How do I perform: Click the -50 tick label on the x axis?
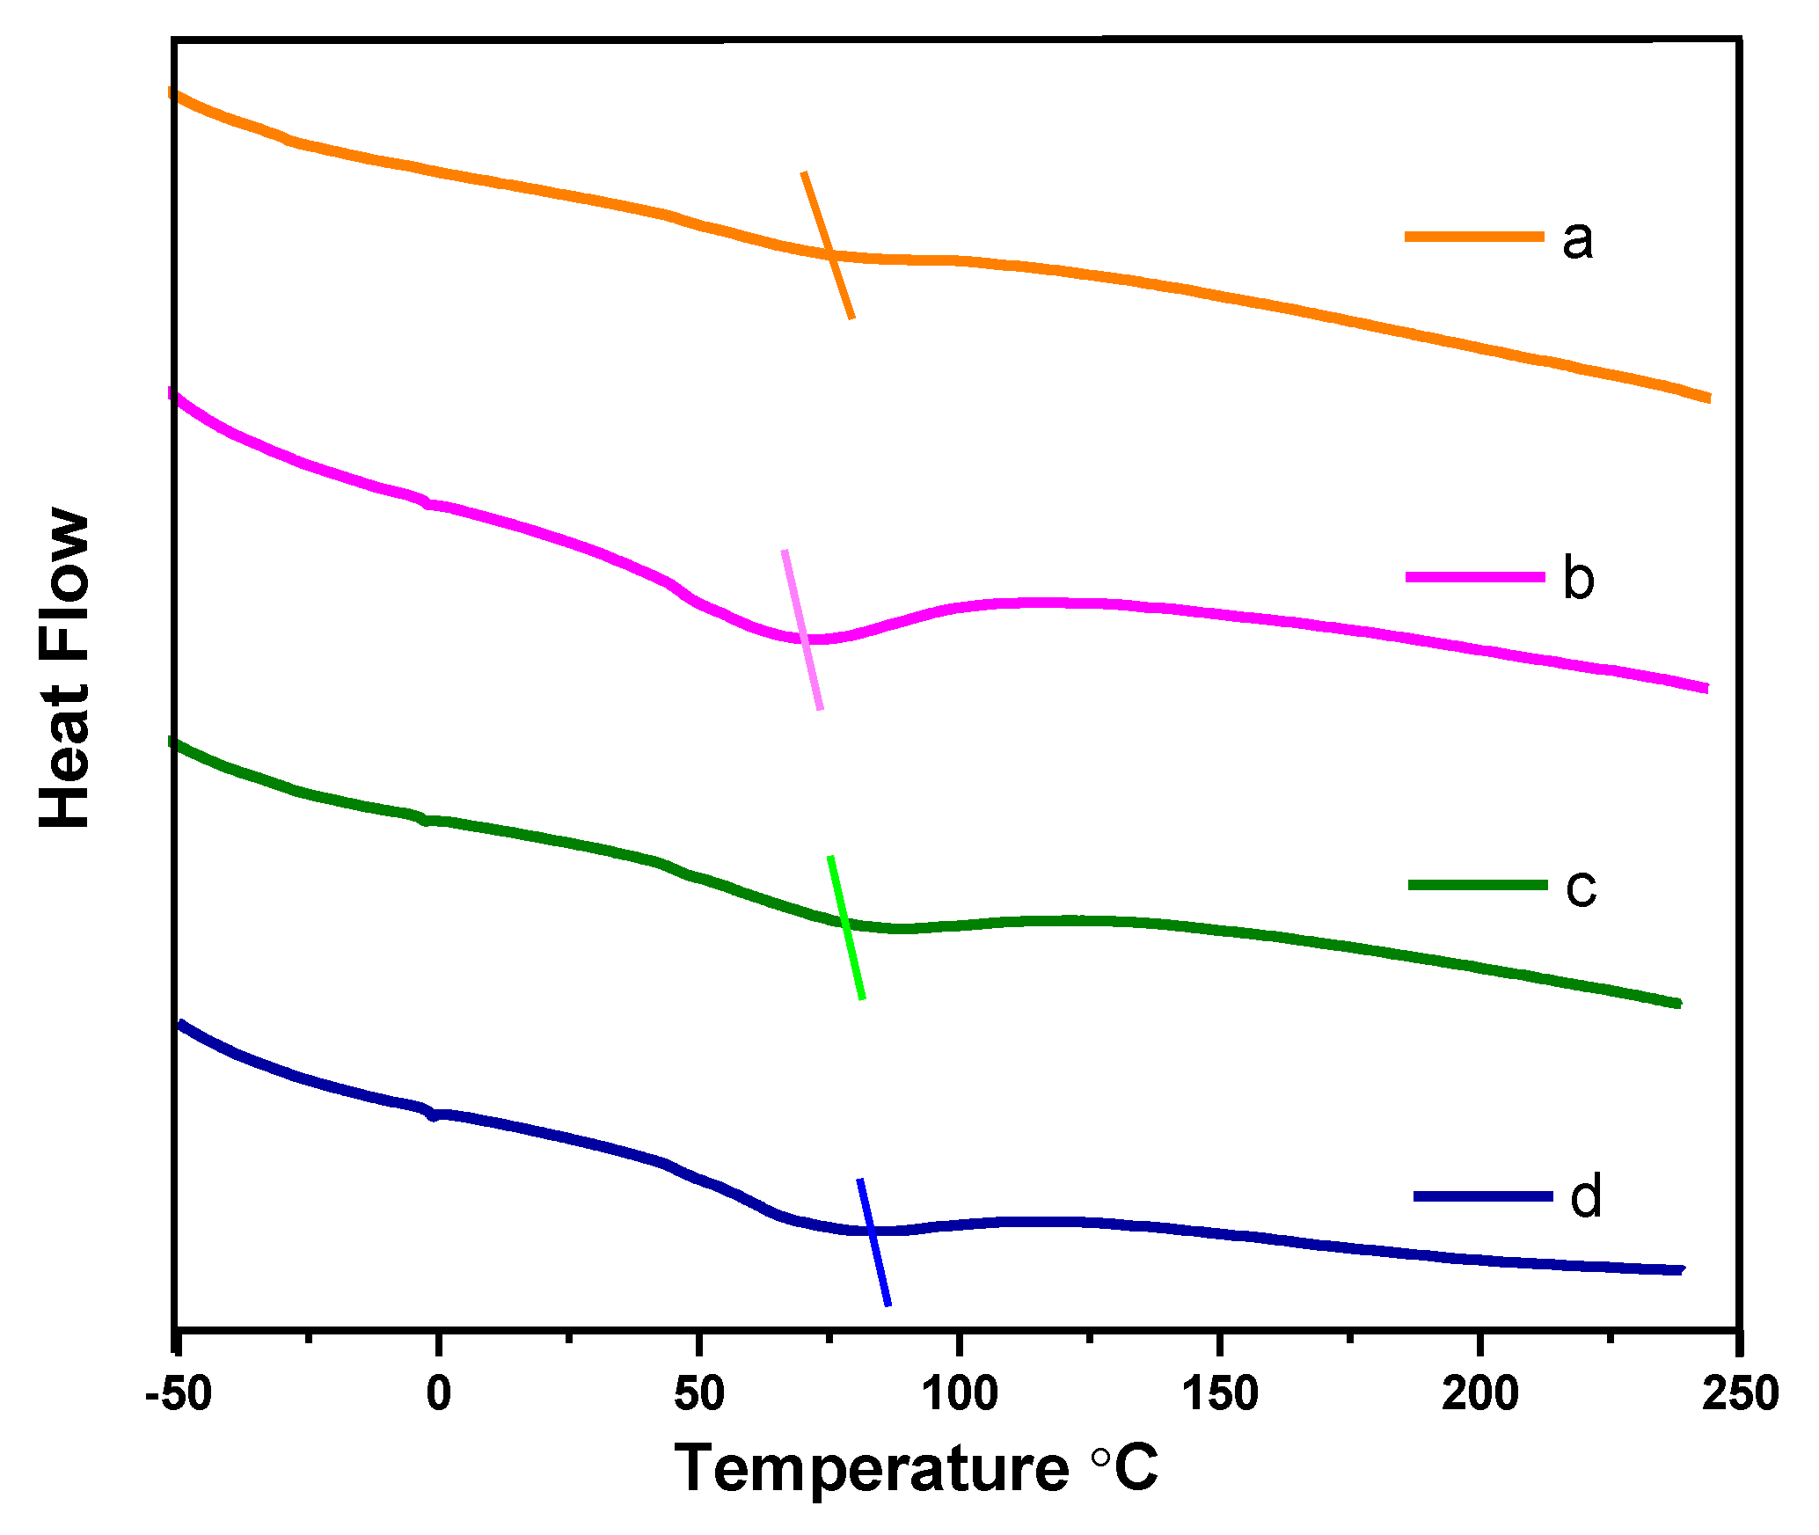[x=179, y=1394]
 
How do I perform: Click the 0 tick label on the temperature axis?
[x=438, y=1394]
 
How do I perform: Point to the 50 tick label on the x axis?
[x=699, y=1394]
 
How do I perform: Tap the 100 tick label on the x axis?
[x=960, y=1394]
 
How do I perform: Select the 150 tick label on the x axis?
[x=1220, y=1394]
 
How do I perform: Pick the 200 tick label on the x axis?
[x=1480, y=1394]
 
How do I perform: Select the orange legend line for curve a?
[x=1474, y=237]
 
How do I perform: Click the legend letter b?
[x=1579, y=579]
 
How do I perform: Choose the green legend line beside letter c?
[x=1478, y=885]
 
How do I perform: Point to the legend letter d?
[x=1586, y=1197]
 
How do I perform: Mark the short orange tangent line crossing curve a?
[x=828, y=245]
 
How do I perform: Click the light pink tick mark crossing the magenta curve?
[x=802, y=630]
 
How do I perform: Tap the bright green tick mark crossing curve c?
[x=846, y=927]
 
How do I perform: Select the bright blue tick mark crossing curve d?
[x=874, y=1243]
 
